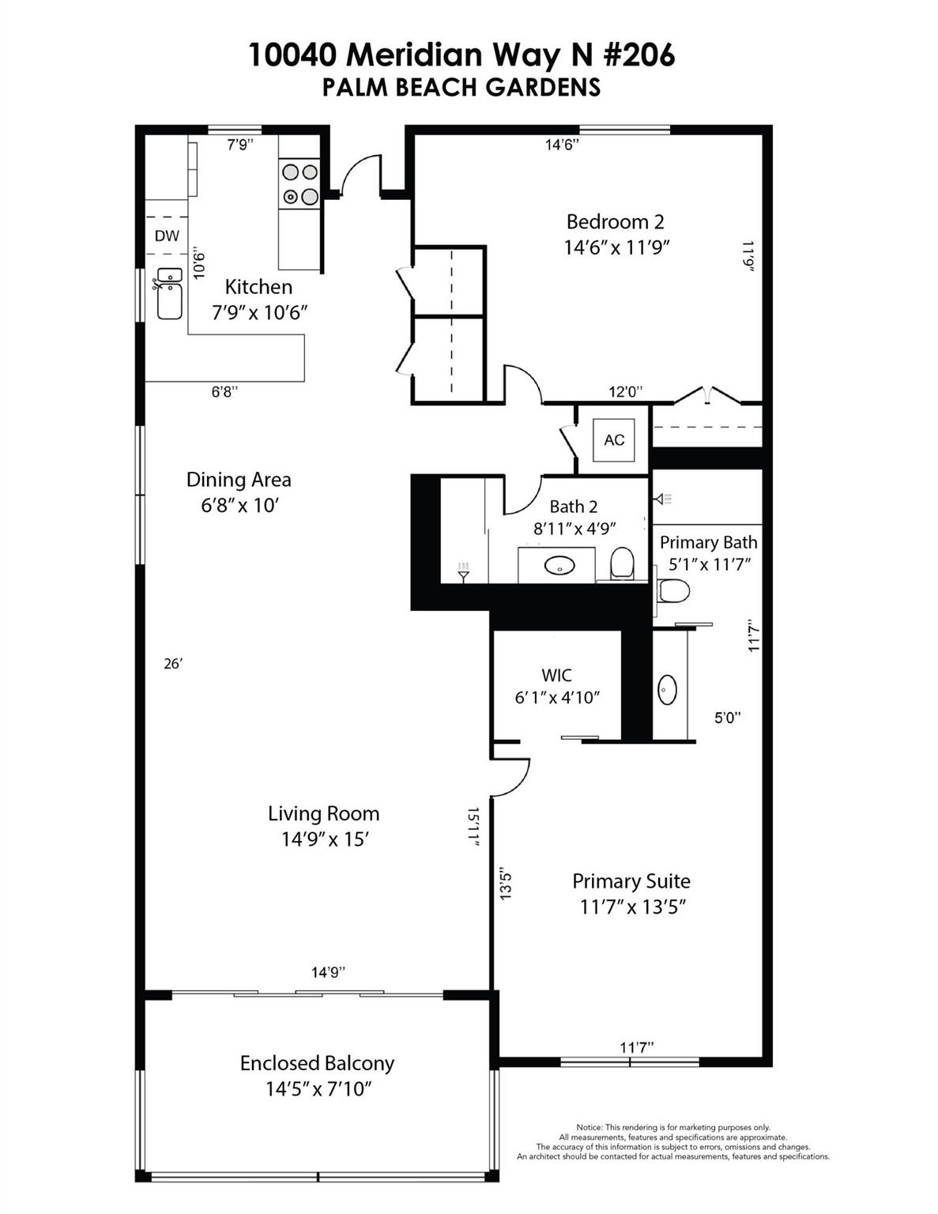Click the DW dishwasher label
click(167, 236)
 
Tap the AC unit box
click(614, 440)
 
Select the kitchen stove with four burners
click(299, 184)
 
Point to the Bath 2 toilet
click(623, 563)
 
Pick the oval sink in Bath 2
click(561, 566)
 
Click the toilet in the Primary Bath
click(673, 590)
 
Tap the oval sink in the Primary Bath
click(668, 690)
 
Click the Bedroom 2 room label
click(615, 221)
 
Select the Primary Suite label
click(631, 881)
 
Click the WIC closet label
click(556, 675)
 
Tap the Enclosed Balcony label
click(317, 1063)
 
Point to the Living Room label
click(323, 813)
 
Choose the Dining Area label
click(239, 480)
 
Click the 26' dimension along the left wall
click(173, 664)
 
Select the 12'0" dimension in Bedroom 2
click(625, 391)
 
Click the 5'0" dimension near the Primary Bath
click(727, 718)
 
